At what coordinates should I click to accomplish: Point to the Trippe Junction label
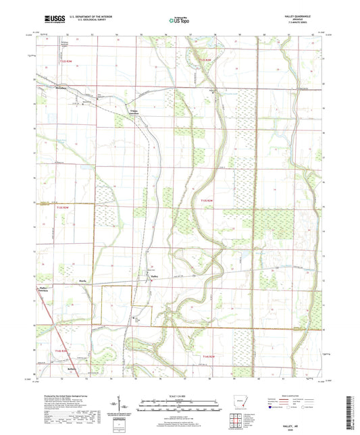[136, 112]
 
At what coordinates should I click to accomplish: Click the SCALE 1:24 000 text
[179, 394]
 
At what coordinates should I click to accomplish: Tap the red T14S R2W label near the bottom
[208, 356]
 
